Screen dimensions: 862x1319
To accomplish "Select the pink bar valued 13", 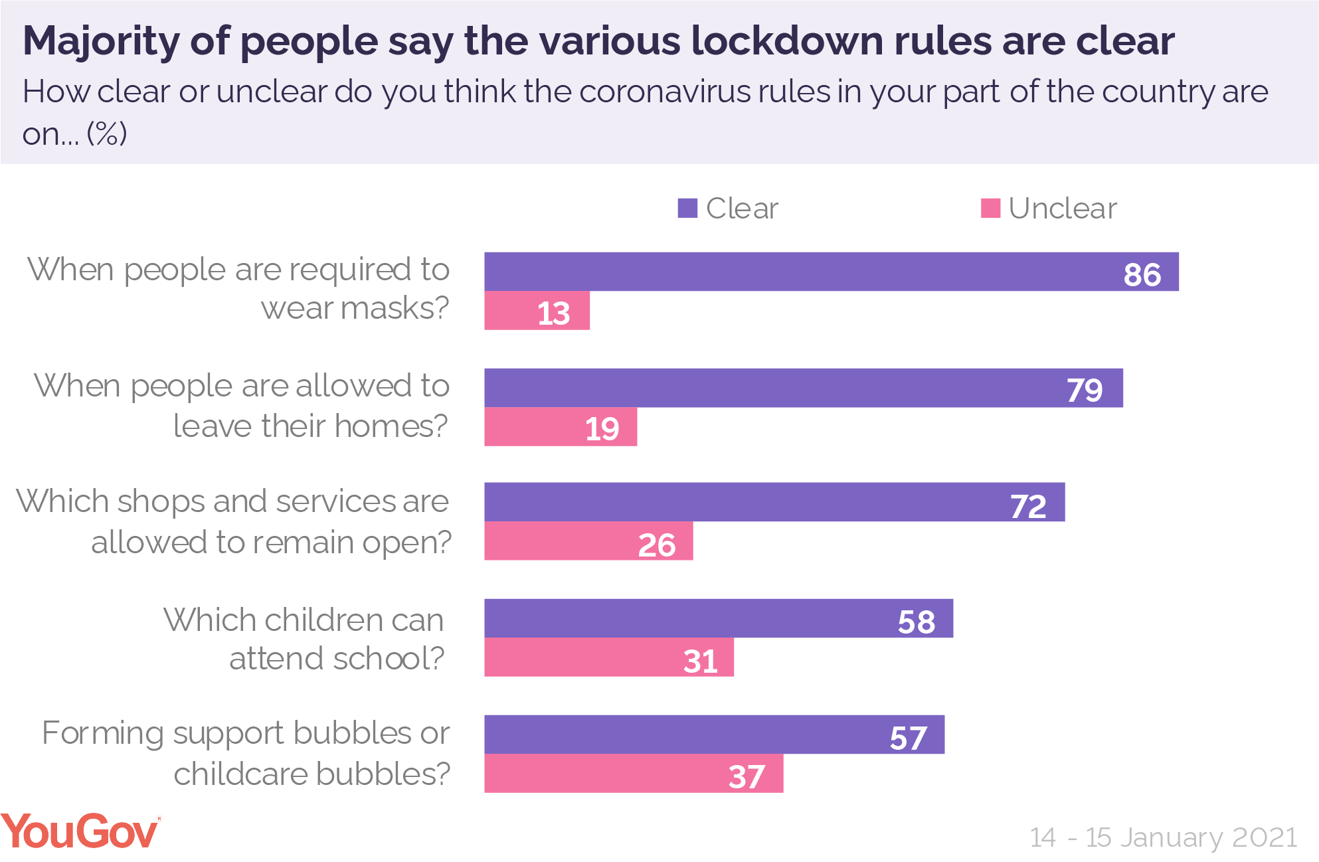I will point(537,311).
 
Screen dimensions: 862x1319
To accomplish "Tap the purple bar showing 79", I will point(804,388).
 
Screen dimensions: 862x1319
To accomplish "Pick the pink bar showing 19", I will point(561,427).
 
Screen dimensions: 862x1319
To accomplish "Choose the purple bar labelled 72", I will point(774,502).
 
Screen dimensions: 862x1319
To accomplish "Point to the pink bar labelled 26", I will point(588,541).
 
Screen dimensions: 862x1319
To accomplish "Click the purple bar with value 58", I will point(719,618).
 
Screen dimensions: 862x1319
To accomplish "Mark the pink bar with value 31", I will point(609,657).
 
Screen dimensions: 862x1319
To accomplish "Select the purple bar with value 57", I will point(714,734).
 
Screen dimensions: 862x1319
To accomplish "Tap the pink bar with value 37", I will point(634,774).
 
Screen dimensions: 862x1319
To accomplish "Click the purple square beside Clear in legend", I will point(687,209).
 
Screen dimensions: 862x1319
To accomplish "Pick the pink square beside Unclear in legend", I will point(990,209).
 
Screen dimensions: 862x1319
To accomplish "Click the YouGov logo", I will point(80,831).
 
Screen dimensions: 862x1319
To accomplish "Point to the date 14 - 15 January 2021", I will point(1163,837).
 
